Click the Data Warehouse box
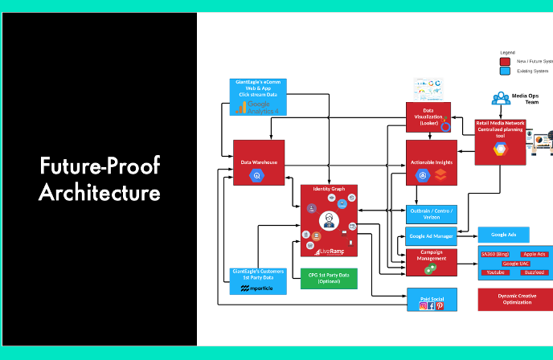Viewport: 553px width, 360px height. click(x=258, y=163)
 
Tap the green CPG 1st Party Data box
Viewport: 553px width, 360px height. click(x=329, y=278)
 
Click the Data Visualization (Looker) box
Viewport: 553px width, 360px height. click(x=428, y=117)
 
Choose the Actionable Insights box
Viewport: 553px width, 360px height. click(x=431, y=162)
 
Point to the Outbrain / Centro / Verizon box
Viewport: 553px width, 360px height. click(x=431, y=213)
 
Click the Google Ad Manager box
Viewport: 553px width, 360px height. click(x=431, y=236)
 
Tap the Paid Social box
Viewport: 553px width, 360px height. click(x=431, y=300)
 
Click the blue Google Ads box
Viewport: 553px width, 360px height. click(x=504, y=235)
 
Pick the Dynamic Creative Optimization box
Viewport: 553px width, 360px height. click(x=515, y=300)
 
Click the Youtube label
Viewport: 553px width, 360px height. click(x=495, y=272)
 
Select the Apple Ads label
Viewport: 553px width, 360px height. click(x=534, y=254)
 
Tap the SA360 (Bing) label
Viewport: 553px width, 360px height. click(x=494, y=254)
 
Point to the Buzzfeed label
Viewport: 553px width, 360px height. click(x=534, y=272)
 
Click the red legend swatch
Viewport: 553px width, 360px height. click(x=505, y=61)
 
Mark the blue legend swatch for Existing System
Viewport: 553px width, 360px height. click(x=505, y=71)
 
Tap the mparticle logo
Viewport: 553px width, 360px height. click(x=256, y=288)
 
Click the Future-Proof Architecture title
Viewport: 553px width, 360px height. click(x=100, y=180)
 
